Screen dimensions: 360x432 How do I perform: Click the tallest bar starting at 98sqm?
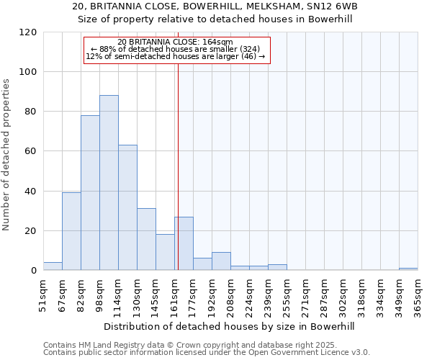109,183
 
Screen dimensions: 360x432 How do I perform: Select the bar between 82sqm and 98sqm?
90,193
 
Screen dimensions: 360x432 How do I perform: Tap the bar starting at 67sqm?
71,232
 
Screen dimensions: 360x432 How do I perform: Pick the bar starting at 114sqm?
127,208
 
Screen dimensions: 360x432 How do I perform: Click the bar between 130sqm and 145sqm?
146,240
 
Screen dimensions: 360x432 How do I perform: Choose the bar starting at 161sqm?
184,243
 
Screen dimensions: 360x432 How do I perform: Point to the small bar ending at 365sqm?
408,269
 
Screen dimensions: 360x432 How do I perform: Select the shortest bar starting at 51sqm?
53,266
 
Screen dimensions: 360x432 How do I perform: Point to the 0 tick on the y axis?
34,271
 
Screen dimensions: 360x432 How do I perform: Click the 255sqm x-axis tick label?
287,295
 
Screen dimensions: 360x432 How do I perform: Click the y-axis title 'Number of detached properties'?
7,155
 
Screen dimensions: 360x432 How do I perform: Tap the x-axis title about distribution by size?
230,326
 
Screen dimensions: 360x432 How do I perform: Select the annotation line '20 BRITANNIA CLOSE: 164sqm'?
175,42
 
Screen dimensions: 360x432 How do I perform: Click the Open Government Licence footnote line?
206,353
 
